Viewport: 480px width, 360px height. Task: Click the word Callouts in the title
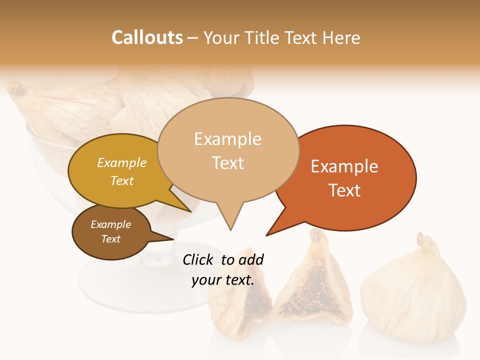[x=147, y=37]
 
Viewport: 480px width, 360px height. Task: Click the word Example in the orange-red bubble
[x=344, y=166]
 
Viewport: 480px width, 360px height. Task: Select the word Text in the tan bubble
[x=228, y=163]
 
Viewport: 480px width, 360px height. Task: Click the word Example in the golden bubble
[x=122, y=163]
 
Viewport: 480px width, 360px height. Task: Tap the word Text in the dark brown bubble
[x=111, y=239]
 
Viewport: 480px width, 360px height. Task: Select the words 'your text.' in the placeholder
[x=223, y=280]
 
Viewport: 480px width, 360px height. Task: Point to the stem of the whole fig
[x=424, y=242]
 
